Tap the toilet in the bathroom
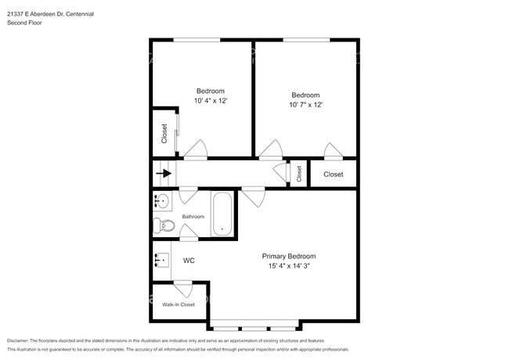tap(164, 227)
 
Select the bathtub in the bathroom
tap(222, 214)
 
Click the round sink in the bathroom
tap(162, 203)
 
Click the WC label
tap(189, 261)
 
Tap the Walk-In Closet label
tap(178, 304)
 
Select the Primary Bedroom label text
tap(288, 256)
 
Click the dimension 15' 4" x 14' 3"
tap(288, 266)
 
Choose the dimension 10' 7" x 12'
tap(305, 105)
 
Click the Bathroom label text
tap(193, 217)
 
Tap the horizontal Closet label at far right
tap(333, 175)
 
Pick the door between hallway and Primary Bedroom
tap(252, 196)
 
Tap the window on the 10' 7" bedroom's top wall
tap(306, 40)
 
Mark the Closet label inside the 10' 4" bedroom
tap(164, 134)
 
